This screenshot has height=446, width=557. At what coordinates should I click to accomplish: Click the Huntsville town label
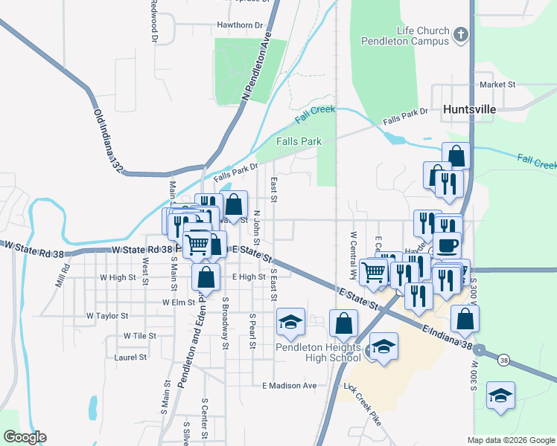click(468, 109)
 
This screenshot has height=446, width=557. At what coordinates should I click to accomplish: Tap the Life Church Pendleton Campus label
click(405, 36)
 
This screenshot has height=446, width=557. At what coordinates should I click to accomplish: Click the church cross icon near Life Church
click(461, 34)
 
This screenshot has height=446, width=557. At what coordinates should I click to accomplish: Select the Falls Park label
click(299, 141)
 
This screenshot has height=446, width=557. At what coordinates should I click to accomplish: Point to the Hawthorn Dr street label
click(240, 25)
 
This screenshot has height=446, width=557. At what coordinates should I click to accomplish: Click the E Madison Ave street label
click(290, 385)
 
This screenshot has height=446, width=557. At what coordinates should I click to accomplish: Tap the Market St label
click(497, 85)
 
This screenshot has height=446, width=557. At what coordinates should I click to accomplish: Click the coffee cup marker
click(448, 245)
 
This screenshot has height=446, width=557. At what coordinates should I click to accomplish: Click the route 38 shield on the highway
click(504, 361)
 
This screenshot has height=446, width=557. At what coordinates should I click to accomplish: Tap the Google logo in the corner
click(24, 437)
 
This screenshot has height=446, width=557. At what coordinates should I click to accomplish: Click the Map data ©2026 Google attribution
click(511, 440)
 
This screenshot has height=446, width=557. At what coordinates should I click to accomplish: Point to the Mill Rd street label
click(62, 278)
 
